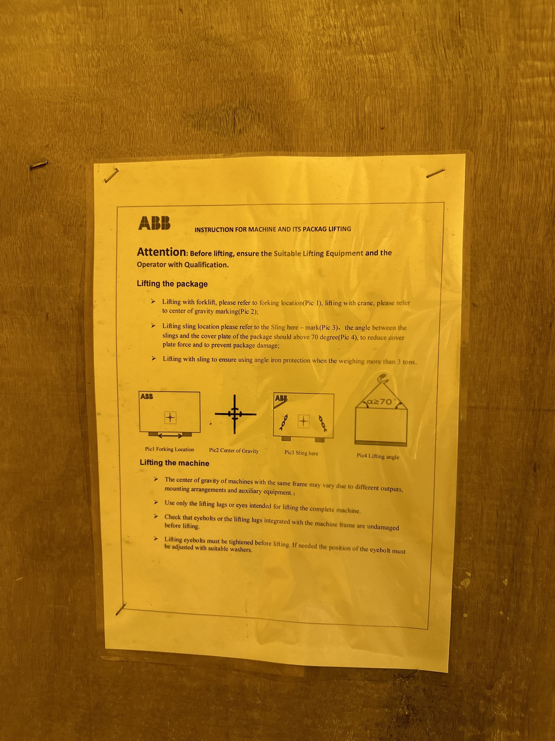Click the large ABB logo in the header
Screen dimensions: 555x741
[x=154, y=223]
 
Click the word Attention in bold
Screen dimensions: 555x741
[x=161, y=252]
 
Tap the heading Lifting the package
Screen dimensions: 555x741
[x=172, y=284]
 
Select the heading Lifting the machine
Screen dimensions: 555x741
[x=174, y=463]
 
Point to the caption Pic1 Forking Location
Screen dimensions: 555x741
[x=169, y=449]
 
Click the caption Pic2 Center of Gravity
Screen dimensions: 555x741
[x=234, y=451]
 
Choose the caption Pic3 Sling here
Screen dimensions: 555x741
[x=301, y=453]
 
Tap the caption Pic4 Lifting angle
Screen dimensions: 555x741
[x=378, y=456]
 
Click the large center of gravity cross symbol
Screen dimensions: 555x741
[x=235, y=414]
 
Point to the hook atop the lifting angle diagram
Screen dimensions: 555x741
[x=383, y=380]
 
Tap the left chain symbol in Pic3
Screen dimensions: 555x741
[x=284, y=422]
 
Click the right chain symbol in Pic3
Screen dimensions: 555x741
[x=323, y=423]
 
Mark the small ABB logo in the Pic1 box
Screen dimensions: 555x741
[x=147, y=396]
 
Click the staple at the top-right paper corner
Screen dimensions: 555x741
[x=435, y=173]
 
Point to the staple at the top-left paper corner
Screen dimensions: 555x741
[x=111, y=175]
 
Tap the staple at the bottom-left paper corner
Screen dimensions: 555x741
[x=121, y=609]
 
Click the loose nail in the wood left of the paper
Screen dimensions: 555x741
[x=39, y=165]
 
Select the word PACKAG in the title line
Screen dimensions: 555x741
[x=315, y=229]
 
